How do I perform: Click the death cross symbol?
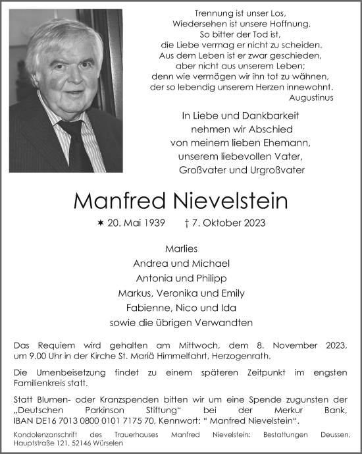coord(189,223)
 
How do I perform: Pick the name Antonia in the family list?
coord(152,279)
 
